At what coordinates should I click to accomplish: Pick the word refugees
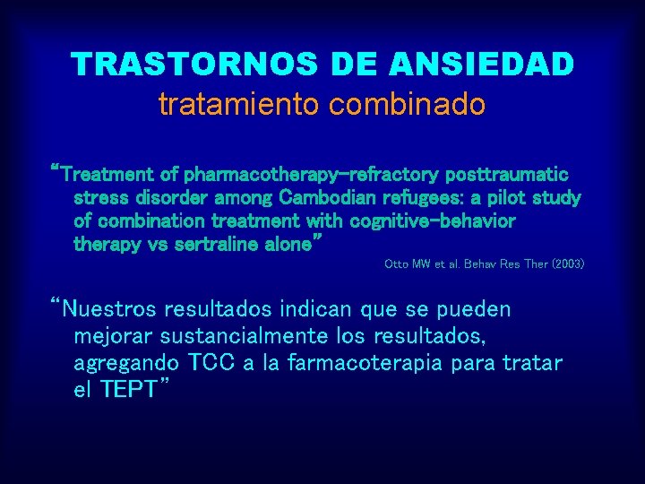pyautogui.click(x=417, y=197)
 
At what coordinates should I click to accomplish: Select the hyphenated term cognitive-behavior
pyautogui.click(x=433, y=220)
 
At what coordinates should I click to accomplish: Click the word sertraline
pyautogui.click(x=208, y=244)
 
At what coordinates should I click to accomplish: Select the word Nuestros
pyautogui.click(x=108, y=310)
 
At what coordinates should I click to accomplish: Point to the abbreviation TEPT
pyautogui.click(x=128, y=390)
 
